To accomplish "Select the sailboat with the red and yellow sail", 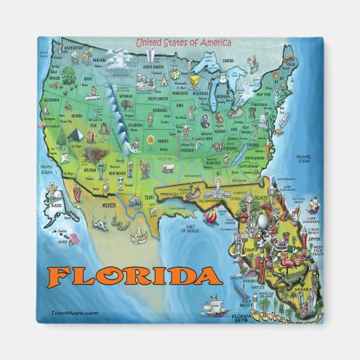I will coord(212,217).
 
